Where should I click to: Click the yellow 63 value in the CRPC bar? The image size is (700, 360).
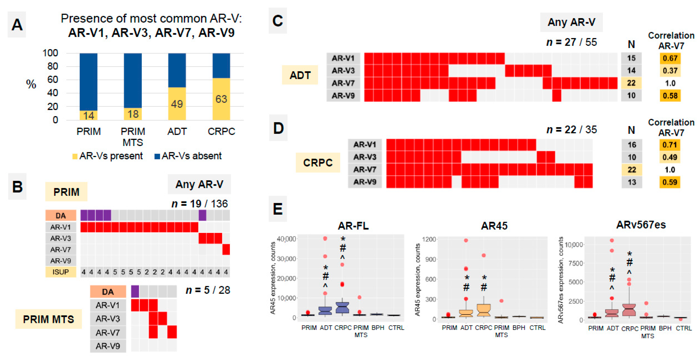tap(221, 99)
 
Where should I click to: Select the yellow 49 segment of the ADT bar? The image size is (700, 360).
tap(177, 104)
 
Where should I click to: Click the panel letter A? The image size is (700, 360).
tap(17, 25)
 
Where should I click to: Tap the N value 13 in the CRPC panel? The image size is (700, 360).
tap(632, 182)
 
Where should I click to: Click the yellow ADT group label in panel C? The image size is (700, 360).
tap(300, 75)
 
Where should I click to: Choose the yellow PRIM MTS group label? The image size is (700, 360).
tap(48, 319)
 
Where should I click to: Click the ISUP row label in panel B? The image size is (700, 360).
tap(61, 272)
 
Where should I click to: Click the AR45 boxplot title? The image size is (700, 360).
tap(494, 226)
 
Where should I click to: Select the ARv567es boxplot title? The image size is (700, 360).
tap(641, 225)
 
